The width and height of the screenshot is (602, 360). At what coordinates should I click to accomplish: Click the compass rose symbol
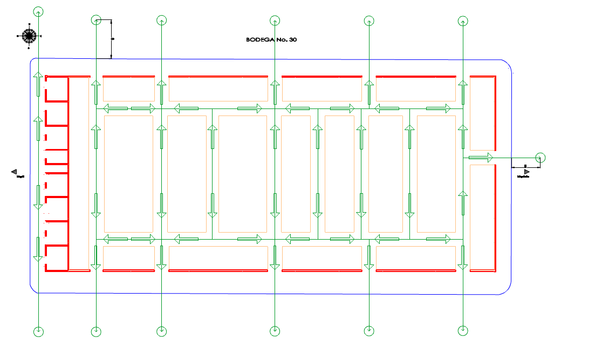29,36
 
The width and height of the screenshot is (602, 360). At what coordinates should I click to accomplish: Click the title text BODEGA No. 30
271,39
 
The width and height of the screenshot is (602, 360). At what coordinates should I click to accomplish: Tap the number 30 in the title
292,39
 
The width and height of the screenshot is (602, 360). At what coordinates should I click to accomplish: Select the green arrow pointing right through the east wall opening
481,158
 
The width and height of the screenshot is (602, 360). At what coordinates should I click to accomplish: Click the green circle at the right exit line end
541,158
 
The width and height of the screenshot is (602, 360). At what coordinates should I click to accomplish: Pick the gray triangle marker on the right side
526,172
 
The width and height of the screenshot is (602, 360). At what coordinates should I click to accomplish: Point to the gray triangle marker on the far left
15,172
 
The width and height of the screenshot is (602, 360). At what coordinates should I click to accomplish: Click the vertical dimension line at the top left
111,39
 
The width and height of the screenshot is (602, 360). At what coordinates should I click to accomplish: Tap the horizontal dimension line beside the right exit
525,166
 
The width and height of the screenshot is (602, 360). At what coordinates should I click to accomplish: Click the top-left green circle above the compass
38,11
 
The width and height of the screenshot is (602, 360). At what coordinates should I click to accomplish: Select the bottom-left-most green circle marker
38,331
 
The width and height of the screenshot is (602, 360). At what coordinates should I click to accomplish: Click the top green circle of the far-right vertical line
463,21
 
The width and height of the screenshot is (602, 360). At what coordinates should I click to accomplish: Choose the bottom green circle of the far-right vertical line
463,330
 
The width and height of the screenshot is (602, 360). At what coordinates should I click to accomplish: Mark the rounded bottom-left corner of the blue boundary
34,289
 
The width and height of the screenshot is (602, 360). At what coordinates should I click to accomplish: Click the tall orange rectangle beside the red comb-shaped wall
79,173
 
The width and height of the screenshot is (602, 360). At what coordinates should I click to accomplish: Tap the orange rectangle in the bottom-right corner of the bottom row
415,257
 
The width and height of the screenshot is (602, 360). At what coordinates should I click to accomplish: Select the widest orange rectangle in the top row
218,89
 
